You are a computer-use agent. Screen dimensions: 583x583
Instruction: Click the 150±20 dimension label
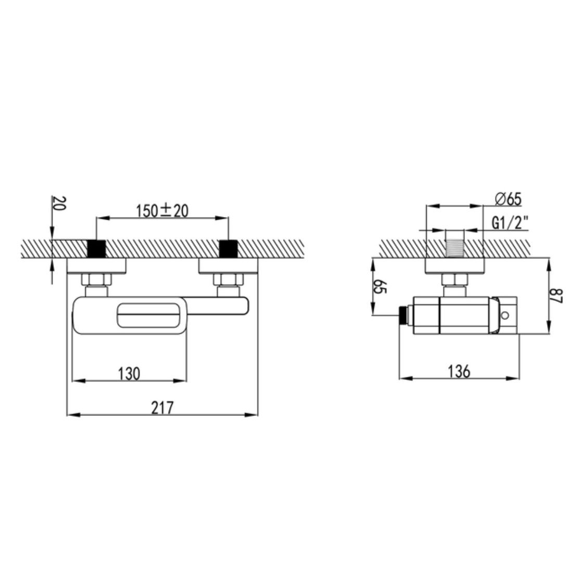tap(162, 211)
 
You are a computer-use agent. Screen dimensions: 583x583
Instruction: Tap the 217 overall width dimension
tap(162, 408)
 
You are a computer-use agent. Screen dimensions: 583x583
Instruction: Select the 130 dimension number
tap(129, 374)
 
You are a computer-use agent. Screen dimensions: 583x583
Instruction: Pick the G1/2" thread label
tap(510, 223)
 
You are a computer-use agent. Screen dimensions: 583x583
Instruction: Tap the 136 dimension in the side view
tap(459, 372)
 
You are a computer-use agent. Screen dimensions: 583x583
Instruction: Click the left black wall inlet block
tap(96, 248)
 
